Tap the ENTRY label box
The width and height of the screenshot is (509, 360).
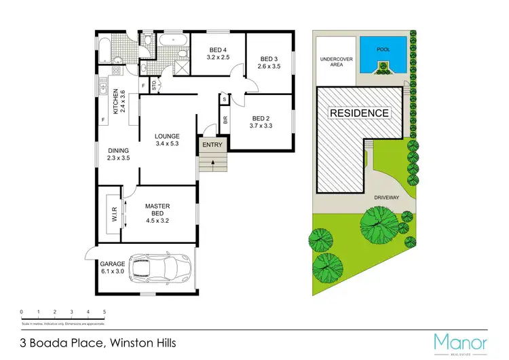click(212, 145)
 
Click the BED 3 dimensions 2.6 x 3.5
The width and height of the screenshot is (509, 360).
click(269, 67)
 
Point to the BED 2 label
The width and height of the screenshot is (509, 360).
click(261, 117)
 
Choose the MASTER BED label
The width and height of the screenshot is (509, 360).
click(157, 206)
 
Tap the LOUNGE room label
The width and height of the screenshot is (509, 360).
click(166, 136)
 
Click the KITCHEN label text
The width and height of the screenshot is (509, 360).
click(116, 101)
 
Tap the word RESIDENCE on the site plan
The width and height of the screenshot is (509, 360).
click(360, 113)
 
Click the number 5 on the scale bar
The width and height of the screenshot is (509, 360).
click(105, 312)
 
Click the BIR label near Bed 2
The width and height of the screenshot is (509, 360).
click(225, 120)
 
